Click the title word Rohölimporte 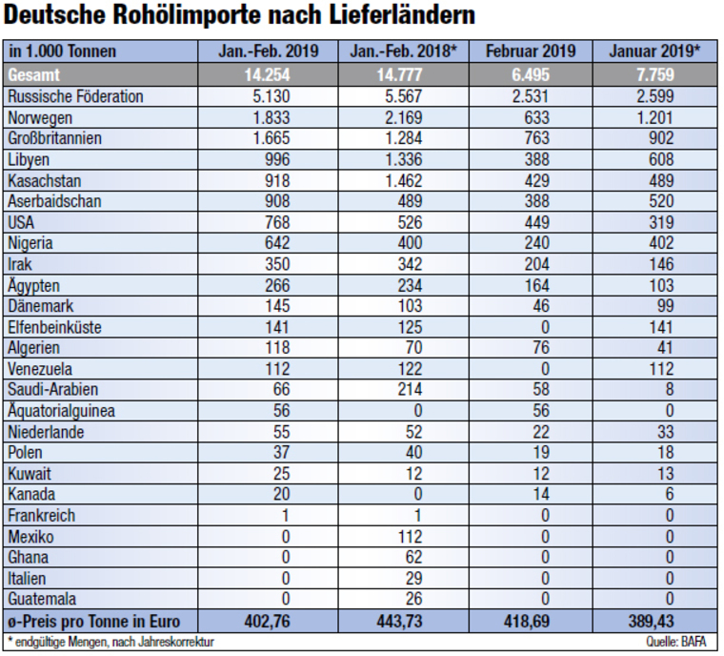187,17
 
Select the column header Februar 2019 530,51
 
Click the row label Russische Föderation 75,96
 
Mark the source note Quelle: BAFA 683,642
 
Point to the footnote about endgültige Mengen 110,642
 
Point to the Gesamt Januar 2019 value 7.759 654,74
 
